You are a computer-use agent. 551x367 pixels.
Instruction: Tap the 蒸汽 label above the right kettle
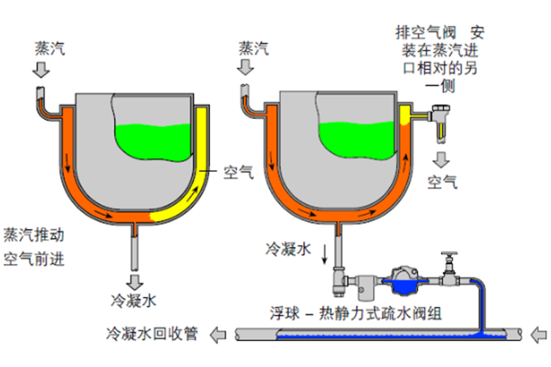pyautogui.click(x=253, y=48)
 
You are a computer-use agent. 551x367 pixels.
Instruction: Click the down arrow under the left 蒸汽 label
pyautogui.click(x=43, y=70)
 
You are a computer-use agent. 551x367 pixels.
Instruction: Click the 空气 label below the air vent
pyautogui.click(x=442, y=183)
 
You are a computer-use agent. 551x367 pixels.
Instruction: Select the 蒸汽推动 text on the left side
pyautogui.click(x=33, y=235)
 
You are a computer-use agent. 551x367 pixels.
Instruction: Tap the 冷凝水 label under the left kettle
pyautogui.click(x=135, y=300)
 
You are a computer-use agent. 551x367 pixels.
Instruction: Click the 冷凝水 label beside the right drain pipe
pyautogui.click(x=288, y=248)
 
